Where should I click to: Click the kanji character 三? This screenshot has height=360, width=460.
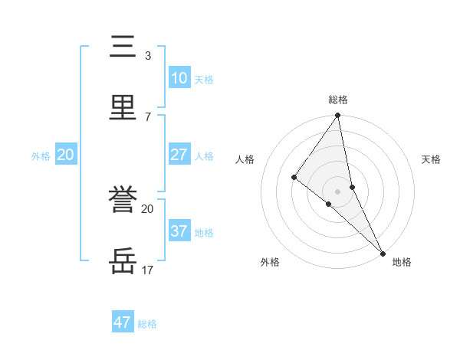[x=123, y=47]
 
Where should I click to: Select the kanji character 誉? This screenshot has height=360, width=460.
[x=123, y=201]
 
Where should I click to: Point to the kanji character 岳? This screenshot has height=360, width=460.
[x=123, y=262]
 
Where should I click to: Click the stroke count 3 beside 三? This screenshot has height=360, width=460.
[x=148, y=56]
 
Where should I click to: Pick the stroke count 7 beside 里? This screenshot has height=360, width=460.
[x=148, y=116]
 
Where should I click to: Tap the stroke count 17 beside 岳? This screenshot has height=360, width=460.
[x=148, y=270]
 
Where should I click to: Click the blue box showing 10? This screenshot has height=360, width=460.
[x=179, y=78]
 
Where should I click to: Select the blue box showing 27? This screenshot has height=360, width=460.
[x=179, y=155]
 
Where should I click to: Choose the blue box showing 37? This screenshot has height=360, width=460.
[x=179, y=231]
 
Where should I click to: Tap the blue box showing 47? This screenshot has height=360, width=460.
[x=123, y=322]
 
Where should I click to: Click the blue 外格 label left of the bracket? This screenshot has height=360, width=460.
[x=41, y=156]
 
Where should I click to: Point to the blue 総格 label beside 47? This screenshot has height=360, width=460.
[x=147, y=324]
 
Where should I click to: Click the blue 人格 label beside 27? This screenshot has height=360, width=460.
[x=204, y=156]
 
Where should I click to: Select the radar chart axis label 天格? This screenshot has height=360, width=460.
[x=432, y=159]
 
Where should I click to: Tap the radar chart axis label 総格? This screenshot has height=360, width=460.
[x=338, y=100]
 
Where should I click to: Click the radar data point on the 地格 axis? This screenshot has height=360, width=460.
[x=383, y=253]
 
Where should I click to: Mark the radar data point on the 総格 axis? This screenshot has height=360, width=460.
[x=338, y=116]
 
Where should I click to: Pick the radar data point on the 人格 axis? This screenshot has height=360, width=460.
[x=294, y=177]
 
